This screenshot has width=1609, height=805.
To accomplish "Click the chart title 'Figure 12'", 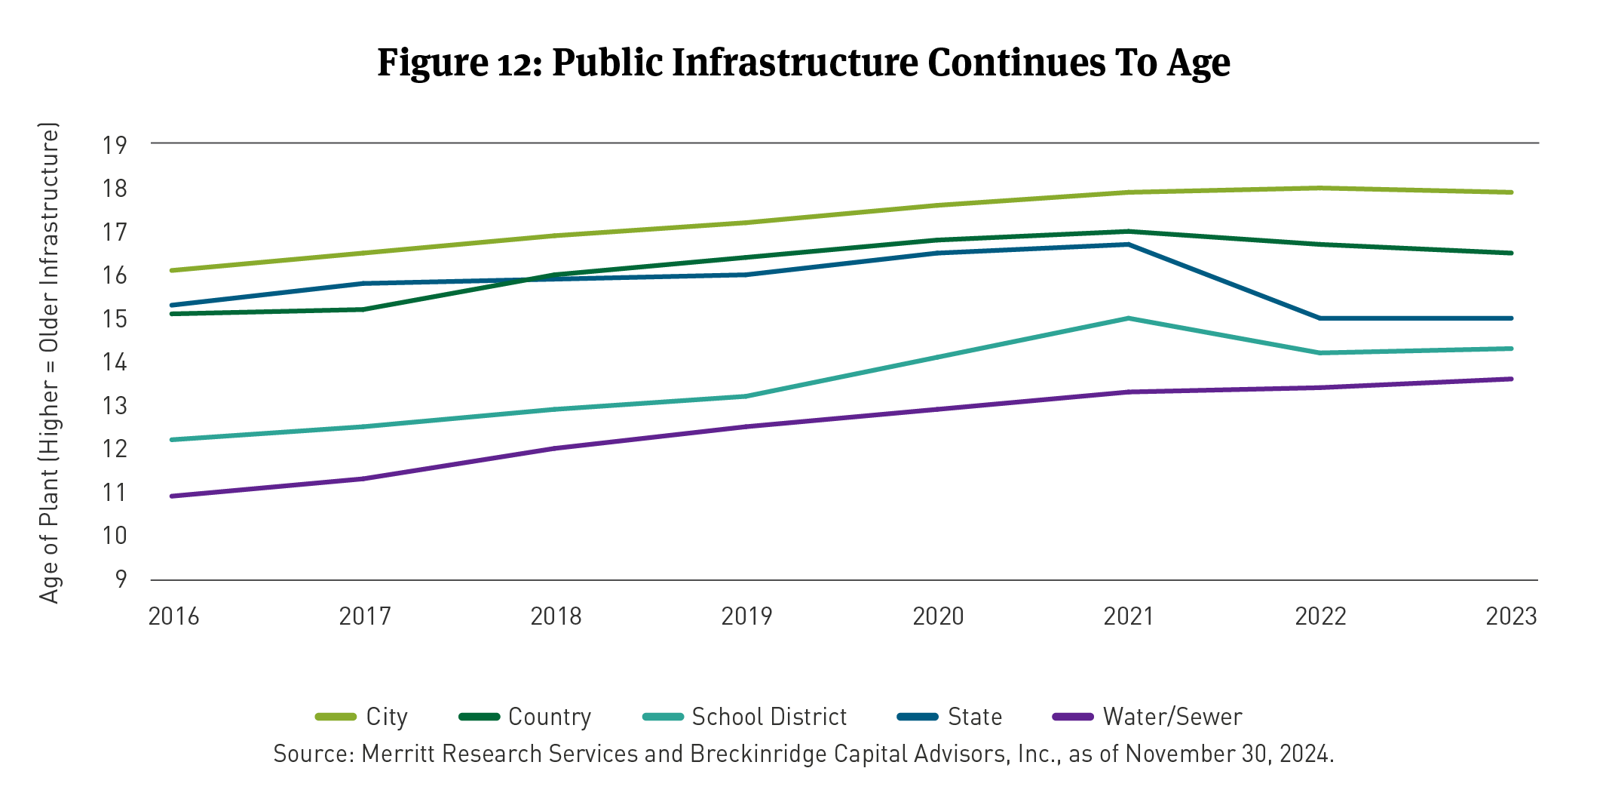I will pos(804,62).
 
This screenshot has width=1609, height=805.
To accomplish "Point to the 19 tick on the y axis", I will pos(115,145).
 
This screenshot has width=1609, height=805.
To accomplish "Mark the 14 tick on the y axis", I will pos(115,363).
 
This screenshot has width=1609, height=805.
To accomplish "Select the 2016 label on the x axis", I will pos(173,617).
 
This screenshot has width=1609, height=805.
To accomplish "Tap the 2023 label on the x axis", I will pos(1511,617).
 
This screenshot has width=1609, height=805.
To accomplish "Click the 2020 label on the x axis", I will pos(938,617).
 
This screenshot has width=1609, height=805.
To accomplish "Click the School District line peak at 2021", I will pos(1129,318).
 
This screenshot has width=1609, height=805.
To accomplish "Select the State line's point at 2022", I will pos(1320,318).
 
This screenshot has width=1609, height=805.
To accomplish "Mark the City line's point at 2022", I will pos(1320,188).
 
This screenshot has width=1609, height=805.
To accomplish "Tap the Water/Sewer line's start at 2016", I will pos(173,496).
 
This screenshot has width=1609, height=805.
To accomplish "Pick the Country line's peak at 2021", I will pos(1129,232).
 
